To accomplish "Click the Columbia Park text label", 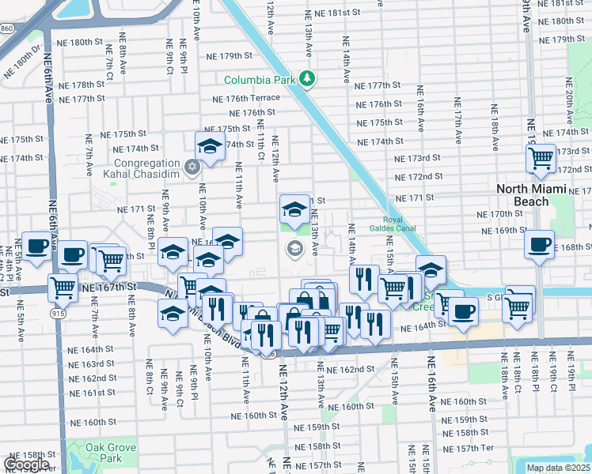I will (x=260, y=80).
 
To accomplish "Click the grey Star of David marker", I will (x=191, y=167).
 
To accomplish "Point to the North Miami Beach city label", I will (x=534, y=195).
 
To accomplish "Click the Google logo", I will (x=26, y=465).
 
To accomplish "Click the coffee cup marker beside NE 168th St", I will (x=539, y=244).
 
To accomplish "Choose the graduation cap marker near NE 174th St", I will (x=211, y=146).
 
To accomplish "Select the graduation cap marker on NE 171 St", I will (x=294, y=209).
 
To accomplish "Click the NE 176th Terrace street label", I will (x=246, y=98).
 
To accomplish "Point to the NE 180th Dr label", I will (x=21, y=62).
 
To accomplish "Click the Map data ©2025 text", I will (x=559, y=468).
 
